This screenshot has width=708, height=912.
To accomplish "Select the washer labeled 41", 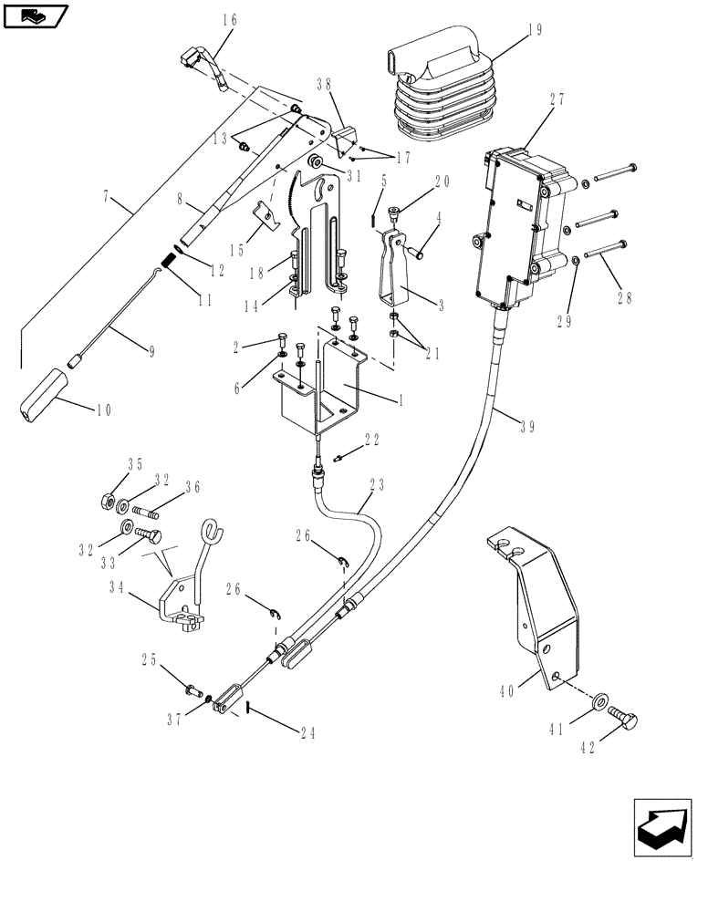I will (599, 702).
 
